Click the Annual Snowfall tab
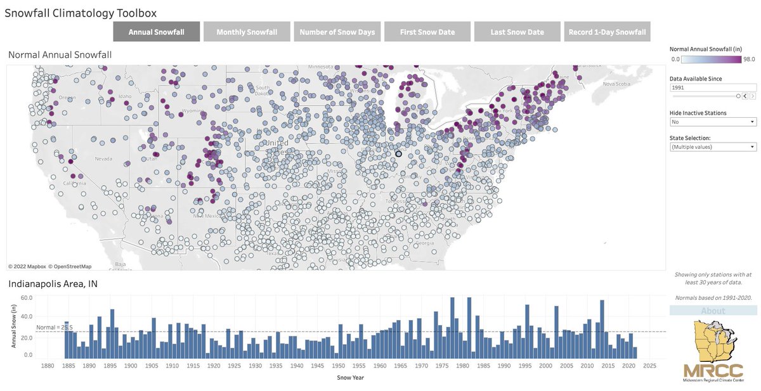click(x=156, y=32)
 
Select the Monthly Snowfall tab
click(x=247, y=32)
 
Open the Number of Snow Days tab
click(x=337, y=32)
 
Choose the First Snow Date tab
click(x=427, y=32)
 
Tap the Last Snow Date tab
click(x=517, y=32)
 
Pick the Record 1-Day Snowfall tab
click(x=607, y=32)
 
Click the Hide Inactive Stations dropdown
click(x=713, y=122)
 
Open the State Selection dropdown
click(x=713, y=147)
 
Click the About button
click(x=713, y=311)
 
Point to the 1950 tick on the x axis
click(x=339, y=366)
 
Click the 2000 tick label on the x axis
click(x=545, y=366)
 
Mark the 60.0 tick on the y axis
click(x=27, y=297)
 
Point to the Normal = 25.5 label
click(x=55, y=327)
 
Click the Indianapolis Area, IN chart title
click(x=52, y=283)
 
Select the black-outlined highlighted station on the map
click(x=399, y=154)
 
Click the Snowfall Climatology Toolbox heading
click(x=81, y=13)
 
